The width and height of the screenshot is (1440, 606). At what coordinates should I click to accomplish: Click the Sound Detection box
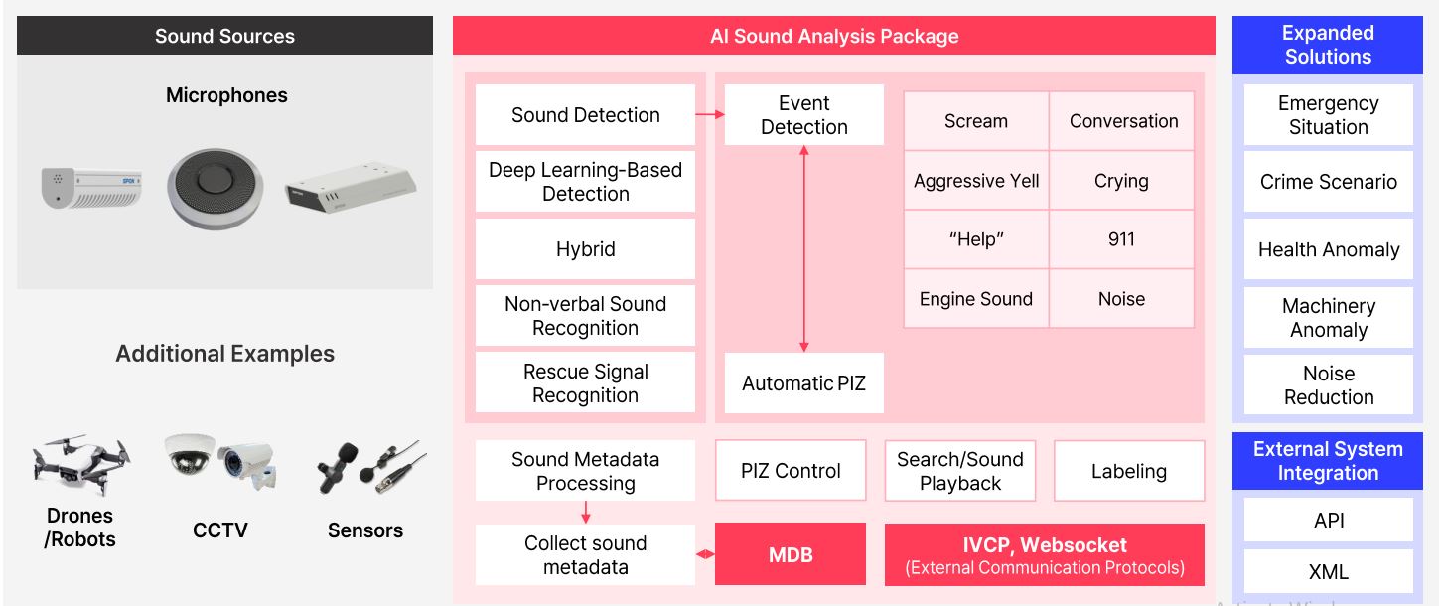[x=585, y=114]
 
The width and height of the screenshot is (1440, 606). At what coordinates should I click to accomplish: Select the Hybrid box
[x=585, y=249]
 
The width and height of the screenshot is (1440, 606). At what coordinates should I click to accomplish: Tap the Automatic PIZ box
[x=803, y=382]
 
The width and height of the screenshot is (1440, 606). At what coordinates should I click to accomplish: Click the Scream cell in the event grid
[x=976, y=121]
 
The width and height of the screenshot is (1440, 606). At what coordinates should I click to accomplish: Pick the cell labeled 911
[x=1121, y=239]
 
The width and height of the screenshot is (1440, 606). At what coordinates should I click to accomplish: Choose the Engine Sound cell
[x=976, y=298]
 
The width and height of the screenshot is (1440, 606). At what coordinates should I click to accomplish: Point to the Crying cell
[x=1121, y=181]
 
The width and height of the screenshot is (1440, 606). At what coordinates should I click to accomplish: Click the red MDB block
[x=791, y=554]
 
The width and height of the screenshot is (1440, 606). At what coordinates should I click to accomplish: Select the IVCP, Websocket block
[x=1045, y=554]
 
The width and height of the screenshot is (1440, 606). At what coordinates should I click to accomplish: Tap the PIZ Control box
[x=791, y=470]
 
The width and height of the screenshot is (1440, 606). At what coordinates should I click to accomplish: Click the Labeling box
[x=1129, y=470]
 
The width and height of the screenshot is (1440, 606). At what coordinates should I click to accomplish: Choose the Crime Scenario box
[x=1328, y=182]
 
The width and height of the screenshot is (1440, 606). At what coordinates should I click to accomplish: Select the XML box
[x=1328, y=571]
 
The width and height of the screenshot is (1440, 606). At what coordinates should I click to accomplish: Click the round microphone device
[x=215, y=189]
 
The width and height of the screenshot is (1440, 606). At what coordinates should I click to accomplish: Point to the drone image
[x=81, y=465]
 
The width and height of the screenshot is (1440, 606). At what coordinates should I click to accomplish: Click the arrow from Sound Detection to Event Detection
[x=710, y=114]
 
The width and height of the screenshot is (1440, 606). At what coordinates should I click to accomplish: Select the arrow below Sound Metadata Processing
[x=585, y=512]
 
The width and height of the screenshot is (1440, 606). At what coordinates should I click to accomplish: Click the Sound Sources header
[x=225, y=36]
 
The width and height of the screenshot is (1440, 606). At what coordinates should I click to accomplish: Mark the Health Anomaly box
[x=1328, y=249]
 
